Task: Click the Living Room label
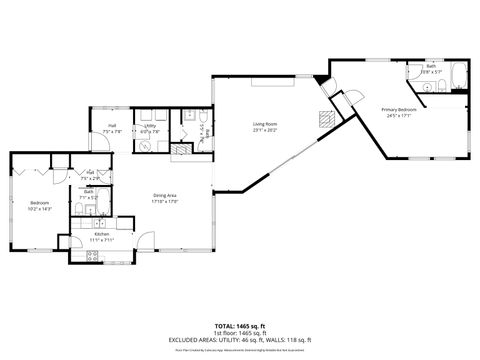point(263,123)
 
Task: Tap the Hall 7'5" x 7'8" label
point(112,126)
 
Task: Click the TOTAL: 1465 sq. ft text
point(239,326)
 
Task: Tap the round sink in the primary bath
point(427,88)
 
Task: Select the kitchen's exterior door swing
point(146,241)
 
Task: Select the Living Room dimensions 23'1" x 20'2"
point(263,129)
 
